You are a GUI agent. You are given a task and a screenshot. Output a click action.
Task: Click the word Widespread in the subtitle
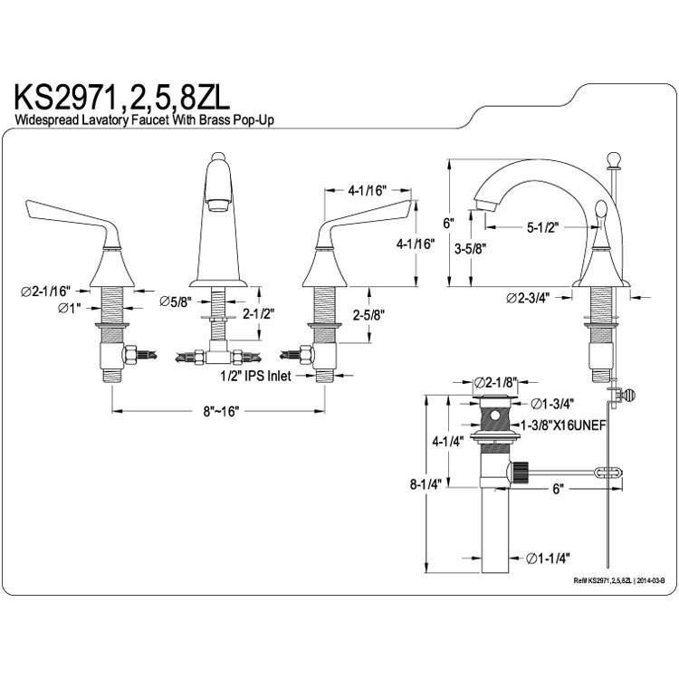point(48,120)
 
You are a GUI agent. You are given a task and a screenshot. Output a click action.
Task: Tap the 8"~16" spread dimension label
point(221,411)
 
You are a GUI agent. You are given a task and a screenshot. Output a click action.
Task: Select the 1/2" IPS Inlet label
point(256,376)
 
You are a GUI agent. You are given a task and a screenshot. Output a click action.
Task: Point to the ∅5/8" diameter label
point(175,301)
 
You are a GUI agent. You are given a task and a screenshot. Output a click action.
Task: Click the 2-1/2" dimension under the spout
point(259,313)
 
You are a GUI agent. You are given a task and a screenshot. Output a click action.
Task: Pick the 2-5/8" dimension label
point(369,316)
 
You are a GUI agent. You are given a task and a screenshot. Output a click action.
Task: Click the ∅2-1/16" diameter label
point(45,291)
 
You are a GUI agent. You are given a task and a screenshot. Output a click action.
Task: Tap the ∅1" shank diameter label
point(70,309)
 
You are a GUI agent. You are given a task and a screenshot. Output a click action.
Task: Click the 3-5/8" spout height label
point(470,249)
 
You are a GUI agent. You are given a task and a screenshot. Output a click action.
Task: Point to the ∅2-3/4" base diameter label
point(528,298)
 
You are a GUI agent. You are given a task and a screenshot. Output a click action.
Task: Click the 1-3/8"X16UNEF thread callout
point(563,426)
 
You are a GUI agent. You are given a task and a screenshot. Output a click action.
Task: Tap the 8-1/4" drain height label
point(426,484)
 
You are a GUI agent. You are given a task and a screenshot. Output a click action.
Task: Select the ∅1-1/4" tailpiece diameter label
point(548,559)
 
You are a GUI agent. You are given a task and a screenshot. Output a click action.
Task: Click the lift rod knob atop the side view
point(614,159)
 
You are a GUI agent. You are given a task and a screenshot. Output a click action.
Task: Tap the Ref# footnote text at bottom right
point(619,580)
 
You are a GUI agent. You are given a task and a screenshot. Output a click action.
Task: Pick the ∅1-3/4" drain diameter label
point(552,404)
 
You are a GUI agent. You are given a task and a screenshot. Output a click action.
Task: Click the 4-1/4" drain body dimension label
point(448,442)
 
